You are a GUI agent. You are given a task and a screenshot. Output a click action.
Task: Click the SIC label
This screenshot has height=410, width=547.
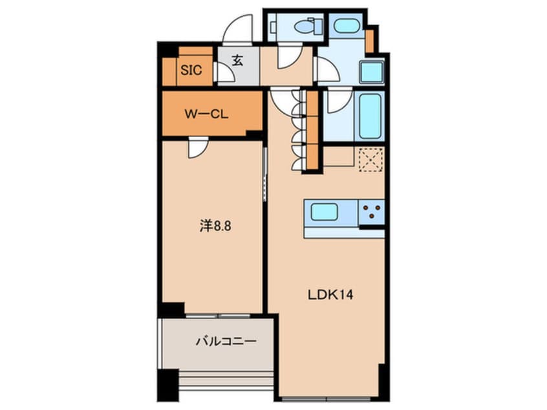pos(191,70)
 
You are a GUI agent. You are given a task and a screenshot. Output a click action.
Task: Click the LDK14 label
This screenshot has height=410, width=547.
pos(329,294)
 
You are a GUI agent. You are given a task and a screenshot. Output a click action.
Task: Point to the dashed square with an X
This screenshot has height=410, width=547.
pos(370,158)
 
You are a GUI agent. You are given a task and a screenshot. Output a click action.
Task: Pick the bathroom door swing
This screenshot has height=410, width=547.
pos(338,100)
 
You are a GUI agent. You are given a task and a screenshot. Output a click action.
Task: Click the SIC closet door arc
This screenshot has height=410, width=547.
pos(224,74)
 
